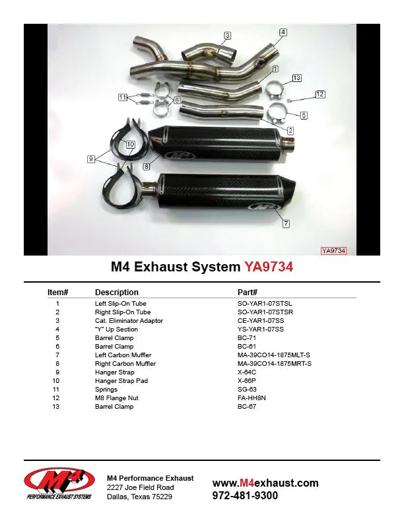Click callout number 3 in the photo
pos(227,35)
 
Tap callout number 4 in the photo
pos(283,32)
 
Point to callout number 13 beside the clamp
pos(296,78)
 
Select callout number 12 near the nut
pos(320,94)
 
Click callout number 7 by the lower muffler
pos(286,224)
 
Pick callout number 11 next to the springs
pos(123,97)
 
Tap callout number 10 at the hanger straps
pos(130,143)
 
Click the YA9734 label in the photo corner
pos(334,250)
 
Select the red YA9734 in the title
pos(269,267)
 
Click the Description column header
pos(116,292)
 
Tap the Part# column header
pos(247,292)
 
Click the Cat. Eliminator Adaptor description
pos(129,321)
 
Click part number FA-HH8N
pos(251,398)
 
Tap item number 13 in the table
pos(57,407)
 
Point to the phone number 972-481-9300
pos(245,495)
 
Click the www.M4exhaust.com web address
pos(265,483)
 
